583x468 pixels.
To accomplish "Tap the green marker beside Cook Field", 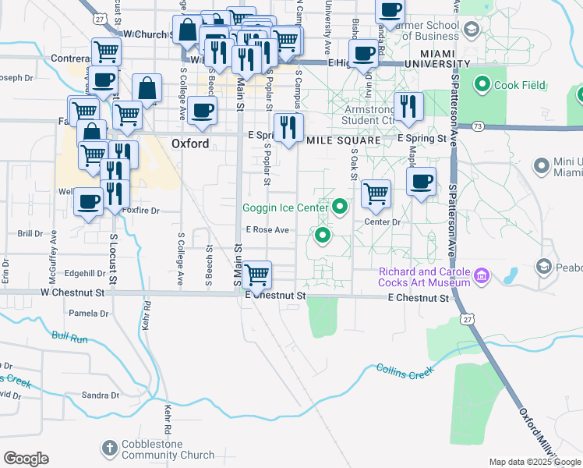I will click(482, 84).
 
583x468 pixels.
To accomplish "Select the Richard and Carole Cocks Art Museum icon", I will click(482, 276).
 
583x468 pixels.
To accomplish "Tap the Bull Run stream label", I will click(70, 337).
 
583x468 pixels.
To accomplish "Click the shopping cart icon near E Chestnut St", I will click(256, 274).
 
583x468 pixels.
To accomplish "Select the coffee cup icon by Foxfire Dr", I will click(87, 202).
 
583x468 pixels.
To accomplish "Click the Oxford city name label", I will click(190, 144).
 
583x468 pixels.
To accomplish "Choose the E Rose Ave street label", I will click(267, 230).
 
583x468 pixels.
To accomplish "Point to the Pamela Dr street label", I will click(89, 314).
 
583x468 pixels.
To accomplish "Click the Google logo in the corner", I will click(26, 459).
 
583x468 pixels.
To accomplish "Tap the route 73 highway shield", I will click(476, 126).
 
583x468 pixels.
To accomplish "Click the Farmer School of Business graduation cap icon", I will click(471, 30).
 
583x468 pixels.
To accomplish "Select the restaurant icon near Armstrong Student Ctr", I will click(408, 105).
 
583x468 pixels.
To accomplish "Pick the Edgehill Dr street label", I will click(85, 273).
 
